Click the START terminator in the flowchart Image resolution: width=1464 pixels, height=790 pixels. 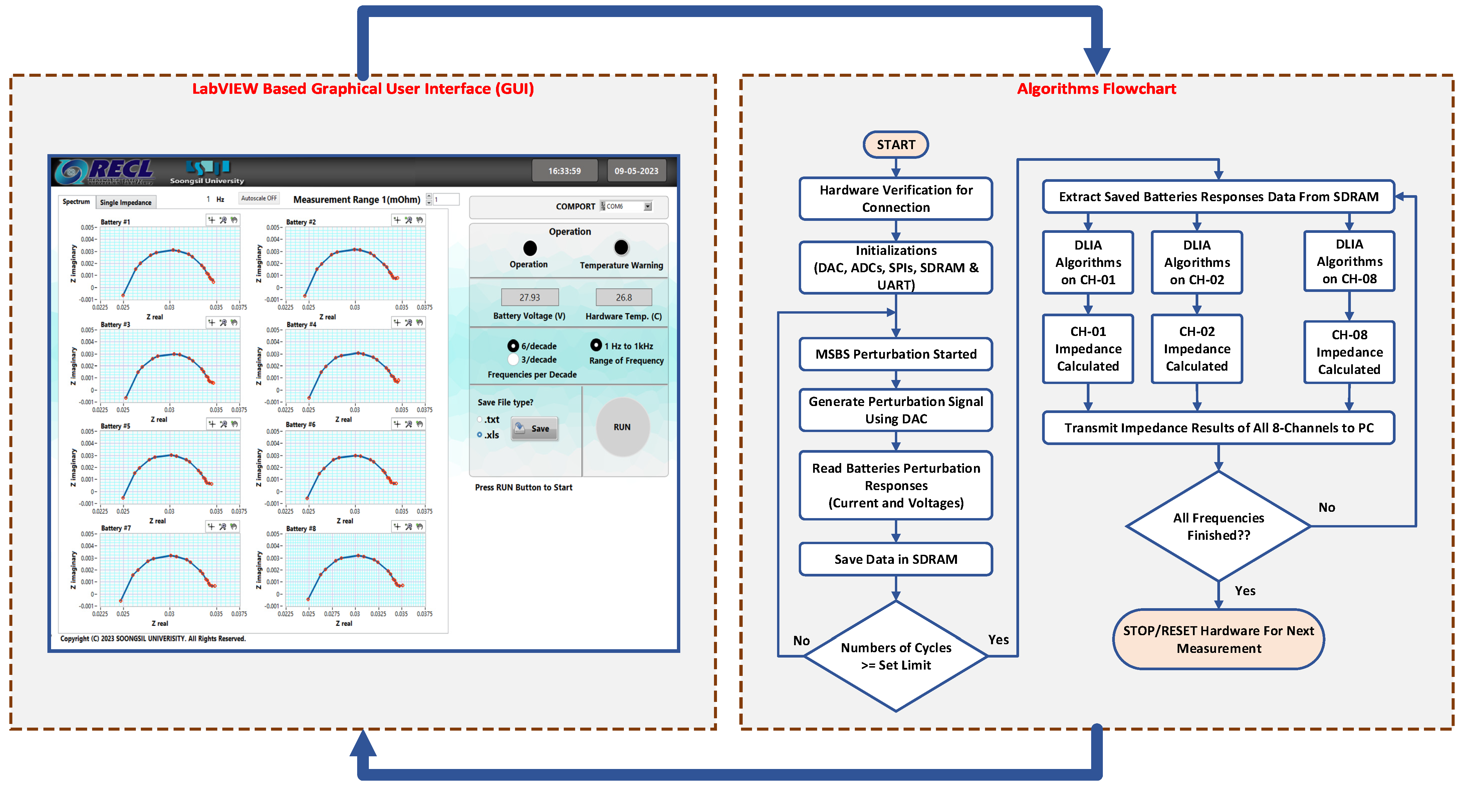(x=896, y=145)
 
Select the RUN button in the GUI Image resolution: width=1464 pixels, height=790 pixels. (x=622, y=427)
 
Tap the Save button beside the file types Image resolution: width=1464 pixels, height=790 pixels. (x=534, y=429)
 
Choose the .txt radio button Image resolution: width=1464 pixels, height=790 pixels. (x=480, y=420)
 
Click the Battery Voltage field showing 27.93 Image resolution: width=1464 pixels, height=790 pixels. (x=530, y=297)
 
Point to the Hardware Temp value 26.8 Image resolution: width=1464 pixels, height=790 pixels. (x=624, y=297)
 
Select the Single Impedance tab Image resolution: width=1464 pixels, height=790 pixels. (x=126, y=202)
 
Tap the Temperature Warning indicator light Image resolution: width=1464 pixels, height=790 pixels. (x=621, y=248)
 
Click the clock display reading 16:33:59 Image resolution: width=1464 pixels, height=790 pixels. (x=564, y=171)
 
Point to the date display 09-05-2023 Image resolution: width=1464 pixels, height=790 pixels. (x=636, y=171)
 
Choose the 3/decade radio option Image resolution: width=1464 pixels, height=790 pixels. (x=513, y=360)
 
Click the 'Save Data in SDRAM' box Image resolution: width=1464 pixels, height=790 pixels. (x=896, y=559)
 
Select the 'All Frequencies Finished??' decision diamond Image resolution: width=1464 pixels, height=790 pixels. (x=1218, y=526)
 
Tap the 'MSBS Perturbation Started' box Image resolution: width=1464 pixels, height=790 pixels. (x=896, y=354)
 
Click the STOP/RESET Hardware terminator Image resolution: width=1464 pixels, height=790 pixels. (x=1218, y=640)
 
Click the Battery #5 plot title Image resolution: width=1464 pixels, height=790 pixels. (x=115, y=426)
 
